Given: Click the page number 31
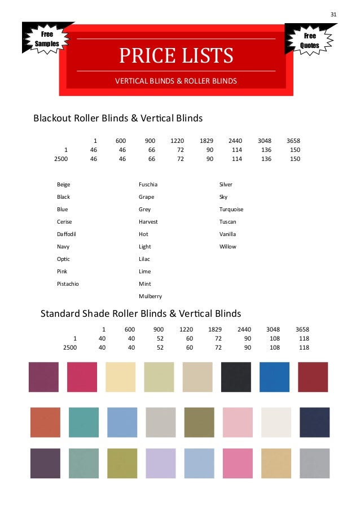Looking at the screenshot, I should [x=333, y=14].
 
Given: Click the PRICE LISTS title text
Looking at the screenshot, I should [x=175, y=56].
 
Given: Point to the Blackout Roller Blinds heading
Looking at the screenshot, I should [x=118, y=119].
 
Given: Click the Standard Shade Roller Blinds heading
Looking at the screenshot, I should [x=141, y=313].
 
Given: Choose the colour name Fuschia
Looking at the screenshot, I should [x=148, y=185].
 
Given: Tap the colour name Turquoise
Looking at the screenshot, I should [x=231, y=210].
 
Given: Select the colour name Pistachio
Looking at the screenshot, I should [x=68, y=284].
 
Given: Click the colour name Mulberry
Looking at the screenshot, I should [x=150, y=297].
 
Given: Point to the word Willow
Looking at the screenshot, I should [x=228, y=247].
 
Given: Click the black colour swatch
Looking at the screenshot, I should [x=236, y=377].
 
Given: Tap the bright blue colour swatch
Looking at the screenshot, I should [x=274, y=377].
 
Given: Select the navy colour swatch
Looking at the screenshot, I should [x=314, y=422].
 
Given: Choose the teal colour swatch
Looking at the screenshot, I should [x=84, y=422].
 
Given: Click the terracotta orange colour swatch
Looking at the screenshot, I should [x=45, y=422].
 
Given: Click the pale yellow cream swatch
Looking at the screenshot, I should [x=121, y=377].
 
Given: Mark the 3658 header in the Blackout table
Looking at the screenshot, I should [x=293, y=141].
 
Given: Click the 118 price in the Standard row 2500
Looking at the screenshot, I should [x=304, y=348].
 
